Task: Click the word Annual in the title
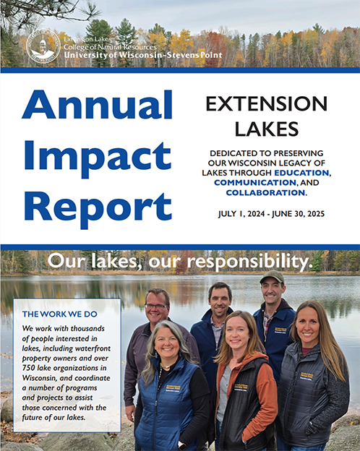tap(98, 105)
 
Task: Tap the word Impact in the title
tap(98, 156)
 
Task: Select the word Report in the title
tap(98, 205)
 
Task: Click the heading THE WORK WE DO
tap(59, 314)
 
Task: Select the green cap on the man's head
tap(272, 278)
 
